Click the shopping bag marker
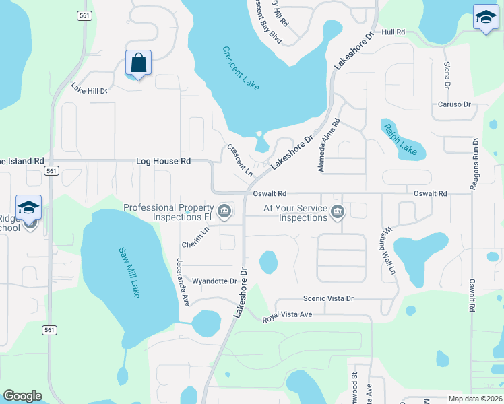click(x=138, y=64)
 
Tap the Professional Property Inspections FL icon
click(x=226, y=213)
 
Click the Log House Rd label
click(x=163, y=162)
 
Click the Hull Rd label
click(x=393, y=32)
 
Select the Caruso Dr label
click(x=453, y=104)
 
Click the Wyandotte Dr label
click(x=215, y=281)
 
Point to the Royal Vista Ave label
click(x=288, y=316)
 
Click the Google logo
click(x=22, y=396)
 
